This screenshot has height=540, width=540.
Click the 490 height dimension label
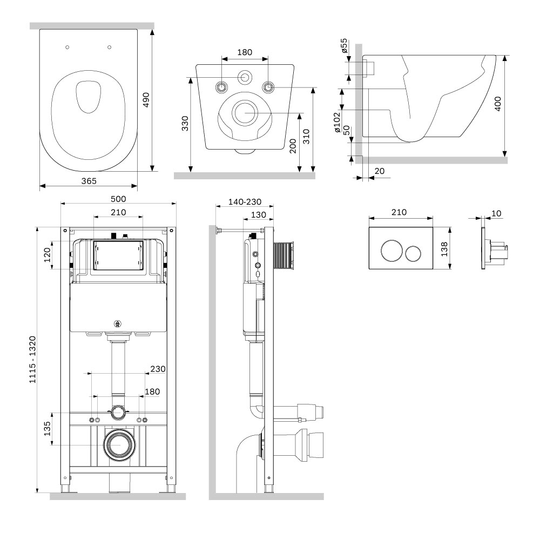(146, 100)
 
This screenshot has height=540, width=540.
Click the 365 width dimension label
(89, 181)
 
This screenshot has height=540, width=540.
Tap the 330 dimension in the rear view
(185, 124)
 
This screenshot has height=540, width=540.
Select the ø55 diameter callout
(343, 45)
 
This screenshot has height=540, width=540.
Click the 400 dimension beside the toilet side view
(498, 104)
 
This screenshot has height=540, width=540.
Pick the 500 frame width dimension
(118, 199)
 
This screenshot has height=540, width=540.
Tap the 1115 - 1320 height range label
(32, 360)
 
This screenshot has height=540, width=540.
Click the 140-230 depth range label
(245, 202)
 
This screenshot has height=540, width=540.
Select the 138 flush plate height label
(444, 248)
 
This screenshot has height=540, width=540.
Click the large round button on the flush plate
(391, 251)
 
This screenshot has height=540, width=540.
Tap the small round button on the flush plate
(413, 253)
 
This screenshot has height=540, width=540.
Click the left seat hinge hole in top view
(67, 47)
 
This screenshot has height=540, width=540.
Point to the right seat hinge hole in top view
(110, 47)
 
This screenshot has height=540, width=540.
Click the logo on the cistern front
(117, 323)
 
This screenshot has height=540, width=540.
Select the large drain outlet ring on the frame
(119, 445)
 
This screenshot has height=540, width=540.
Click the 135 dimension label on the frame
(47, 429)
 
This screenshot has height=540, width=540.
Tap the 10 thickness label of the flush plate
(496, 213)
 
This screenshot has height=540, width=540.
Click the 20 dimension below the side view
(379, 171)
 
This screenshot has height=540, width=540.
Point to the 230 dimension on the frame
(158, 369)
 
